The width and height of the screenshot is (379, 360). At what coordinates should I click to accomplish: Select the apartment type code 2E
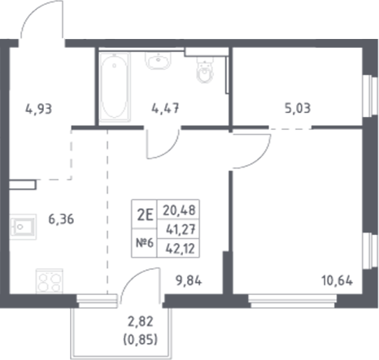[x=146, y=215]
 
